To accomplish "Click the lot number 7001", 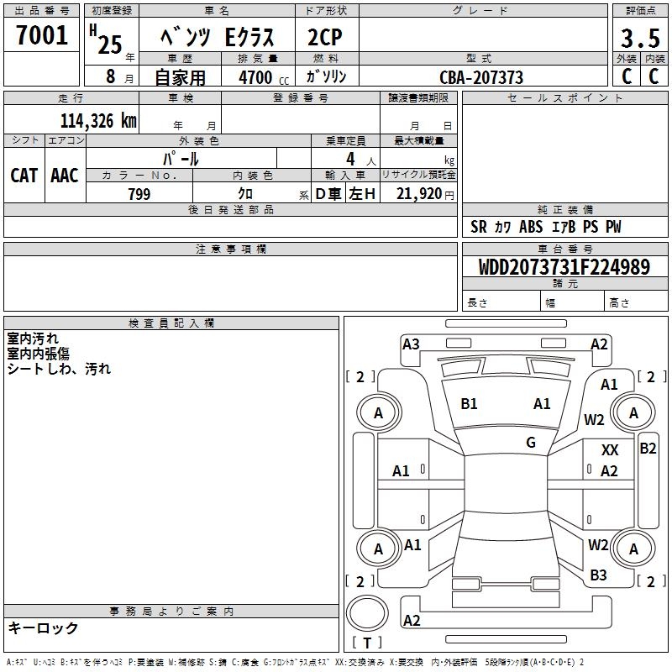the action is pos(43,36).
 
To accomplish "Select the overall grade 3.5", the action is pos(638,39).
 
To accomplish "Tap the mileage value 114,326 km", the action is pos(98,121).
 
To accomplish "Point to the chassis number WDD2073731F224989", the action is pos(564,267).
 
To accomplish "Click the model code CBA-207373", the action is pos(481,77).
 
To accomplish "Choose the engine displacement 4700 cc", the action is pos(255,77).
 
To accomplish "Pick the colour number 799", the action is pos(139,194).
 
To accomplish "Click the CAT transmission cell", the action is pos(24,175).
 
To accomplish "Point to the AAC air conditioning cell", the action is pos(65,175).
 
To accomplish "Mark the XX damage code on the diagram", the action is pos(611,451).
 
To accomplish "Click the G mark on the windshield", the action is pos(531,443).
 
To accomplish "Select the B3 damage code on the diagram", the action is pos(598,575).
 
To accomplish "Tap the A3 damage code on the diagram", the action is pos(411,344).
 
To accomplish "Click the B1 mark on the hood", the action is pos(469,404).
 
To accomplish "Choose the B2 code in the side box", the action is pos(648,448).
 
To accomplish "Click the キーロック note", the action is pos(43,628).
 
